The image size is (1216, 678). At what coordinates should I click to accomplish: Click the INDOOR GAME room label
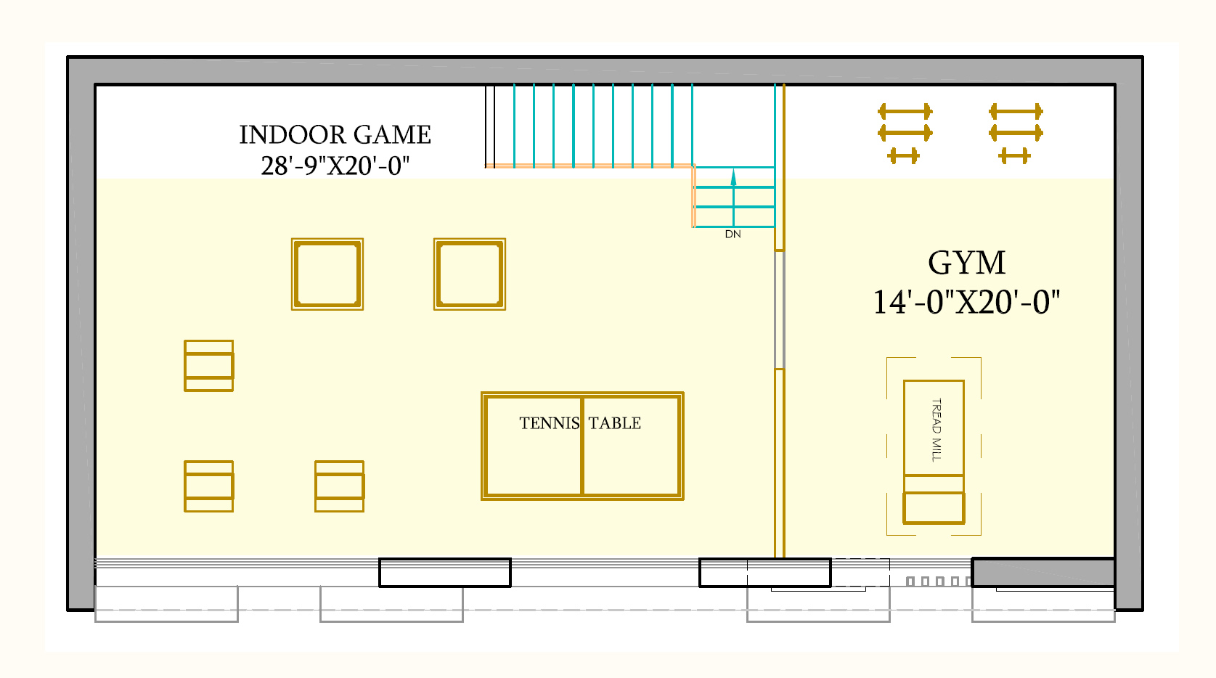pos(335,135)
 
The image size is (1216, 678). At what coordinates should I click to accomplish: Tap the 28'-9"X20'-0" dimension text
pos(335,166)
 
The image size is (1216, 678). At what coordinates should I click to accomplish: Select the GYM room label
pos(966,264)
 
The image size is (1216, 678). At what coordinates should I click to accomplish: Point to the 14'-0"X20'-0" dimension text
pos(966,303)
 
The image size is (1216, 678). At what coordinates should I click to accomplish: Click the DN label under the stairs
pos(733,234)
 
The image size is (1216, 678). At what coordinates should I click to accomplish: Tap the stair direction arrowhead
pos(733,177)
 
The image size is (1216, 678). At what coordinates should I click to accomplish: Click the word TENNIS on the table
pos(550,423)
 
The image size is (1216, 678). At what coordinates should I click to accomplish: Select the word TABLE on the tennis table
pos(615,423)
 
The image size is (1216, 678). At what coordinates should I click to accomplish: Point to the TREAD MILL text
pos(937,430)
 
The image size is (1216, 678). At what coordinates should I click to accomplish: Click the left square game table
pos(327,274)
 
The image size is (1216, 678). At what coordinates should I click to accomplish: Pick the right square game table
pos(470,274)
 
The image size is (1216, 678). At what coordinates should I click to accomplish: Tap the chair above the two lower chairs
pos(209,366)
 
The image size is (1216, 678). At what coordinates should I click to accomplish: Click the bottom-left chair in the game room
pos(209,486)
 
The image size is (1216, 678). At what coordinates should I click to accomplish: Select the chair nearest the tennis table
pos(340,486)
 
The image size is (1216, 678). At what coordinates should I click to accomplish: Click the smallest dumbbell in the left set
pos(903,156)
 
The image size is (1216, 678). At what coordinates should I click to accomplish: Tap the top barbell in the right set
pos(1016,112)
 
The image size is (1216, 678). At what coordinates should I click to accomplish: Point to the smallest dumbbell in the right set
pos(1014,156)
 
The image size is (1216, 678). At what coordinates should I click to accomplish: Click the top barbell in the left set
pos(905,112)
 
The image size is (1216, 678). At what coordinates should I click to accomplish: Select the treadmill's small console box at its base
pos(934,508)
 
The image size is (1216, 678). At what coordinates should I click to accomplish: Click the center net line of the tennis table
pos(582,446)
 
